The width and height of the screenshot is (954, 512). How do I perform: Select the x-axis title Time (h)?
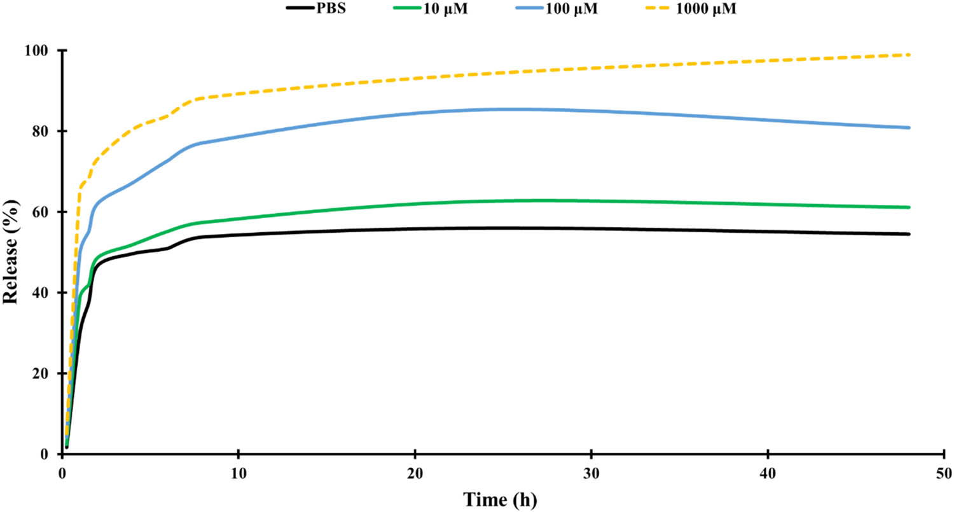click(501, 499)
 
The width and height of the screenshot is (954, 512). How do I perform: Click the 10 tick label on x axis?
click(238, 473)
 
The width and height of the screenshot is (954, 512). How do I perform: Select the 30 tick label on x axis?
click(591, 473)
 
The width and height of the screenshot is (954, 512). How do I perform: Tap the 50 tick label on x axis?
click(944, 473)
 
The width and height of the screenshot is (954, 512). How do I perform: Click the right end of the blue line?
click(909, 128)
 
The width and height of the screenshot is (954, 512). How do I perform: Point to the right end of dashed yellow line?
click(909, 55)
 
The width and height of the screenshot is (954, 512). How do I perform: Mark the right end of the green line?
click(909, 207)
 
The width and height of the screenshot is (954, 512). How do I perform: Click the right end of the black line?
click(909, 234)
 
